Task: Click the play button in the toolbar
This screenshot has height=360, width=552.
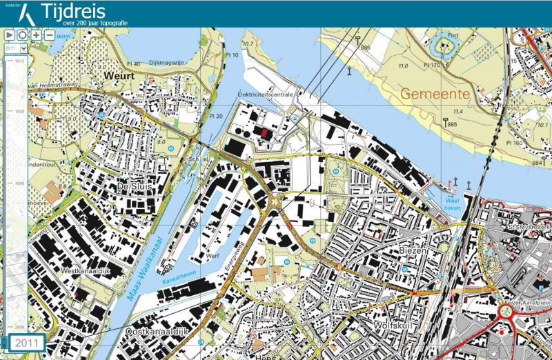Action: [x=10, y=34]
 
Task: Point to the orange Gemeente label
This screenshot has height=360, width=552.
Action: [x=435, y=93]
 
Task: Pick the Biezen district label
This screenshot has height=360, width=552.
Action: [x=413, y=252]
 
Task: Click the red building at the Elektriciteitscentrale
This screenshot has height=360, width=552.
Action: [x=264, y=132]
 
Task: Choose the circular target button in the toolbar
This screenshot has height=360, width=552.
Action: [x=23, y=34]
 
